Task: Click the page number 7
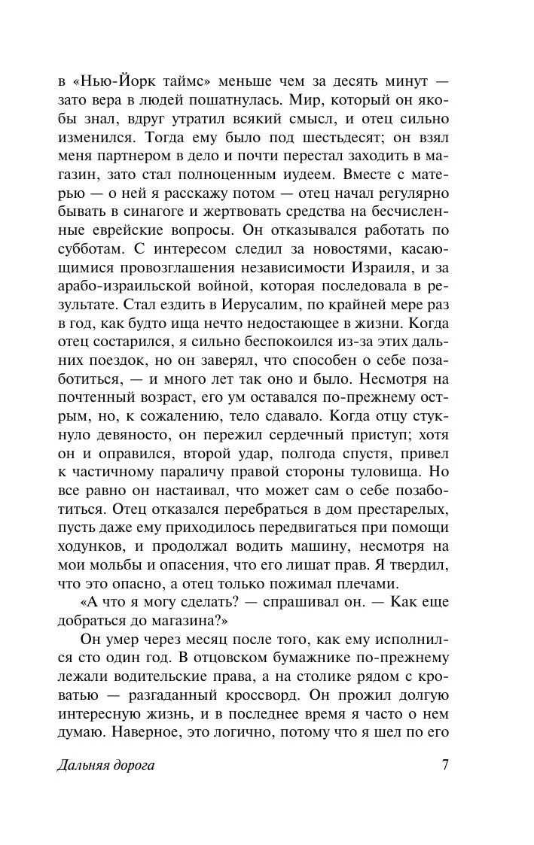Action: tap(445, 766)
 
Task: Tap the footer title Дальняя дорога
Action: tap(105, 767)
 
